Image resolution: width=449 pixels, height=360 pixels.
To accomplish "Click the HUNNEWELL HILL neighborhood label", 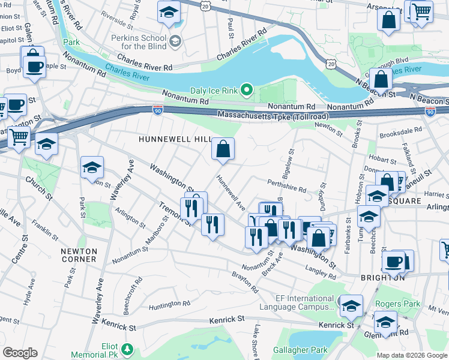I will point(175,139).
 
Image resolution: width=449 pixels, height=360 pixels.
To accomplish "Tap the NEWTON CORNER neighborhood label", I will point(79,255).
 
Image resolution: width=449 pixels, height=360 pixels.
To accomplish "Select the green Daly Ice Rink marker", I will point(246,91).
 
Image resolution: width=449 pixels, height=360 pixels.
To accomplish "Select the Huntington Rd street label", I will point(169,304).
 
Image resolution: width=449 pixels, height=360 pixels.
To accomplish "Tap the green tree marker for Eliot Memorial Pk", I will point(127,349).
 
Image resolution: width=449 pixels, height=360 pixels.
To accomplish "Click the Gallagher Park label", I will point(300,350).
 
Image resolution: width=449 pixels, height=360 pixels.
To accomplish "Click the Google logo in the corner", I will point(20,353).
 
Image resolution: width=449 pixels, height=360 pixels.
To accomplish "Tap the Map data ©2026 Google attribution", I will point(412,355).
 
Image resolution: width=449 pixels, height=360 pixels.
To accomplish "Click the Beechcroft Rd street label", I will point(133,290).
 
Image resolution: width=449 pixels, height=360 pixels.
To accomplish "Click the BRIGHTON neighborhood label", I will point(383,278).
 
